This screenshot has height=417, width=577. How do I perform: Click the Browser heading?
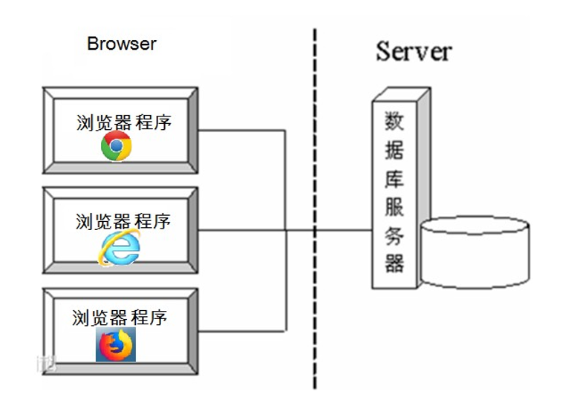(x=122, y=44)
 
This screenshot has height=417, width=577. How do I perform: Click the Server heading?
(x=414, y=51)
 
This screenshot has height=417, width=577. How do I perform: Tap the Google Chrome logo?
(x=117, y=146)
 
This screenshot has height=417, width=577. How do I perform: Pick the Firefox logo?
(x=116, y=345)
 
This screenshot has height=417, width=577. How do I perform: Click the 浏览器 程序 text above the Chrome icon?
(x=123, y=122)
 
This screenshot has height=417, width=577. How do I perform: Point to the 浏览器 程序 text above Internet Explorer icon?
(x=123, y=221)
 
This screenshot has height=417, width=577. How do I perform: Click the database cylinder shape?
(x=475, y=252)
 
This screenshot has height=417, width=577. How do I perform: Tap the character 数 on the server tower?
(x=394, y=122)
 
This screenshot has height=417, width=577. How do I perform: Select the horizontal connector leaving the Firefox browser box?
(x=241, y=330)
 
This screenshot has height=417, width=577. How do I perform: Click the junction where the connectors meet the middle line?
(x=287, y=230)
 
